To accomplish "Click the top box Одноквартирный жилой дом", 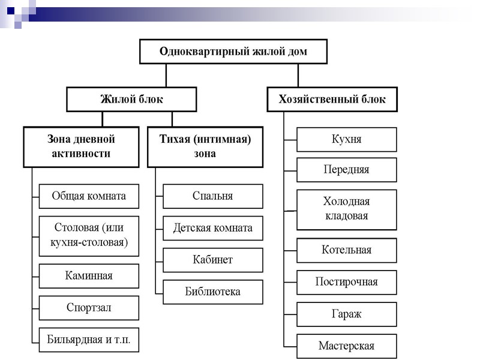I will point(233,52).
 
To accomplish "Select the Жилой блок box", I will point(131,100).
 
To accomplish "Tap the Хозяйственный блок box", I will point(332,100).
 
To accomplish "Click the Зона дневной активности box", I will point(81,146).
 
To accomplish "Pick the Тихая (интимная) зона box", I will point(205,146).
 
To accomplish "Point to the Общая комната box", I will point(89,196).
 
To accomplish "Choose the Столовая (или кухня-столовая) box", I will point(89,236).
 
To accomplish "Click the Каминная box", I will point(89,276).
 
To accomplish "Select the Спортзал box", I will point(89,308).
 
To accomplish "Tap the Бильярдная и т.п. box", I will point(89,340).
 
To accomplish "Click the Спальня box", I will point(213,196).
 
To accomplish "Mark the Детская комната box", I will point(213,228).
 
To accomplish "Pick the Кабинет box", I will point(213,260).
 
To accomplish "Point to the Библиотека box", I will point(213,292).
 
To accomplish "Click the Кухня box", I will point(347,139).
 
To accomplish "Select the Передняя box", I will point(347,170).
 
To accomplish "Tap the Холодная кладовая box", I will point(347,209).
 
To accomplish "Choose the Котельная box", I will point(347,250).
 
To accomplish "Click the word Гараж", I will point(347,314).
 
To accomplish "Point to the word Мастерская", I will point(347,346).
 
